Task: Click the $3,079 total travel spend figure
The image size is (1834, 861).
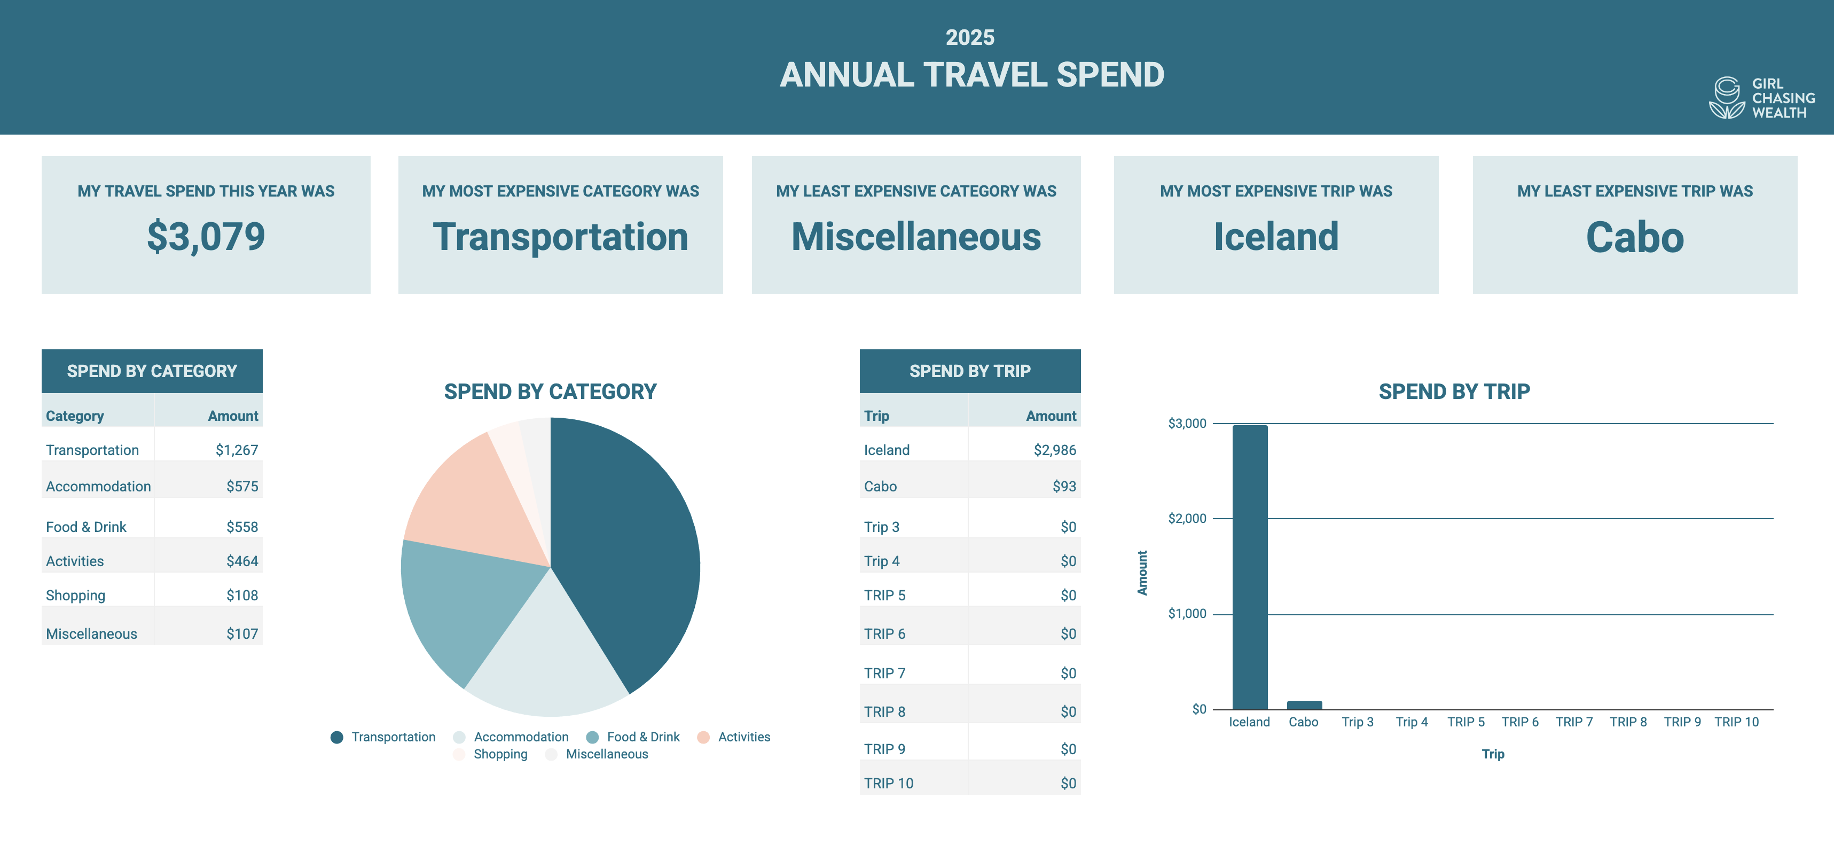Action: (x=206, y=237)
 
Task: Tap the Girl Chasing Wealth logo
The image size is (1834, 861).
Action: (x=1761, y=98)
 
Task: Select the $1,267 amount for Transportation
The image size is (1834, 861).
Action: (x=237, y=450)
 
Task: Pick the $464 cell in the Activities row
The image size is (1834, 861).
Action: (x=242, y=561)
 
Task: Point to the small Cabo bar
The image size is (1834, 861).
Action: (x=1304, y=705)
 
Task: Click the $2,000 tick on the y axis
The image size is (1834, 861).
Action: (x=1187, y=519)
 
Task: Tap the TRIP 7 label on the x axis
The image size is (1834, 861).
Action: (x=1573, y=722)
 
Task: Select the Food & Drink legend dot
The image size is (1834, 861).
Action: (x=592, y=737)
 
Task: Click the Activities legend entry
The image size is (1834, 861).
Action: (x=743, y=737)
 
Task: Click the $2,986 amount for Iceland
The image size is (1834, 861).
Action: (x=1054, y=450)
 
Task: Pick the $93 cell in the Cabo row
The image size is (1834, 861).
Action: (x=1064, y=487)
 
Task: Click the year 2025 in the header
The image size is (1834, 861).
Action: (x=970, y=37)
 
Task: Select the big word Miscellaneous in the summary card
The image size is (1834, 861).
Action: (x=915, y=237)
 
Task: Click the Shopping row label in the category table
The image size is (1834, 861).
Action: (x=75, y=596)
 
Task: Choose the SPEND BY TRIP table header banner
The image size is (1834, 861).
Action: (x=970, y=371)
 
